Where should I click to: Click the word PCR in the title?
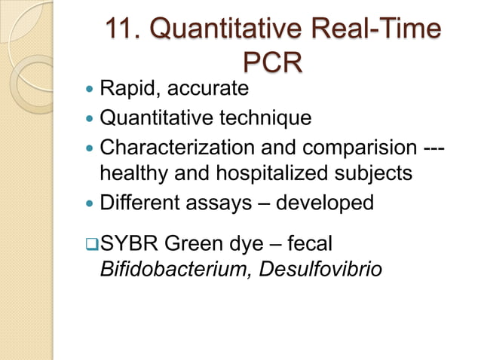pyautogui.click(x=273, y=63)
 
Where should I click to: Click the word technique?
pyautogui.click(x=267, y=118)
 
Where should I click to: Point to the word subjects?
pyautogui.click(x=375, y=174)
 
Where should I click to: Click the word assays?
pyautogui.click(x=226, y=203)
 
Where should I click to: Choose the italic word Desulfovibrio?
pyautogui.click(x=320, y=269)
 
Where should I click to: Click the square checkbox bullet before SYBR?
pyautogui.click(x=91, y=244)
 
